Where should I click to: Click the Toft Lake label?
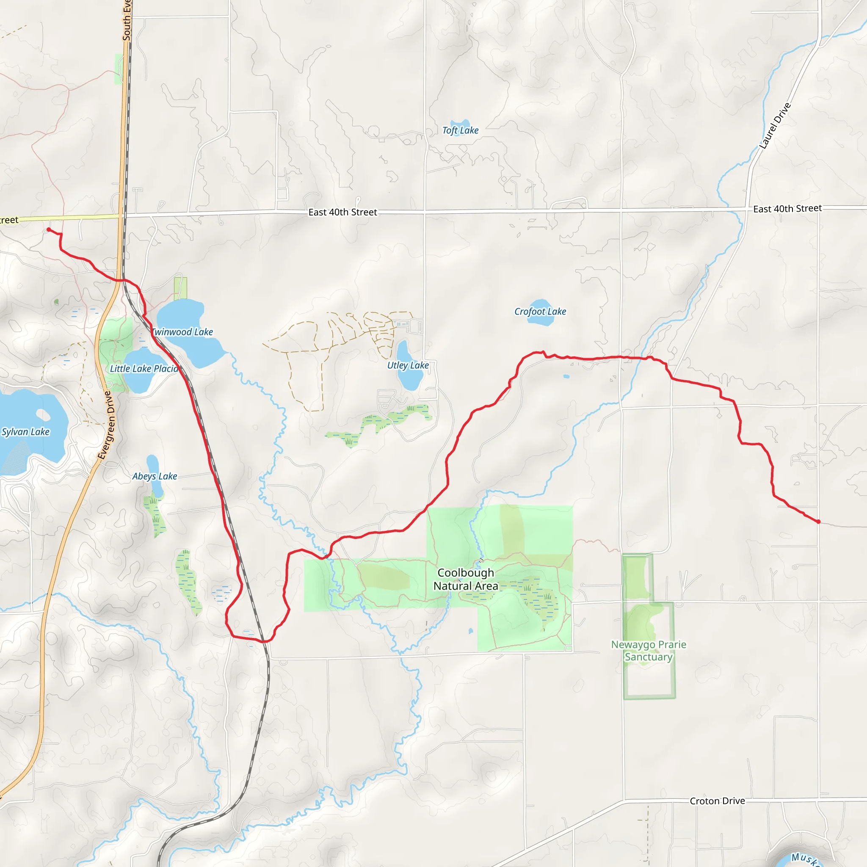[x=460, y=130]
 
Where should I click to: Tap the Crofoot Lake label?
[x=540, y=312]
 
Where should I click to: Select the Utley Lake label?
[x=408, y=365]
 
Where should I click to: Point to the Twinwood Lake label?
[x=182, y=332]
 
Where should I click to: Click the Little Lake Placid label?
[x=144, y=368]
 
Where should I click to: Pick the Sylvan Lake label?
[x=25, y=432]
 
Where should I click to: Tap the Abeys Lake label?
[x=155, y=476]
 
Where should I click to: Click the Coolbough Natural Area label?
[x=465, y=580]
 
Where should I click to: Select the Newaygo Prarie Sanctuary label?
[x=649, y=651]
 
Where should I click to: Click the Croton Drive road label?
[x=717, y=801]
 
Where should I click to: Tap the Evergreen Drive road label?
[x=106, y=425]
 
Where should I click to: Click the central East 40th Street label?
[x=342, y=212]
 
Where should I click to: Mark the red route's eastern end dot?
[x=819, y=522]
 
